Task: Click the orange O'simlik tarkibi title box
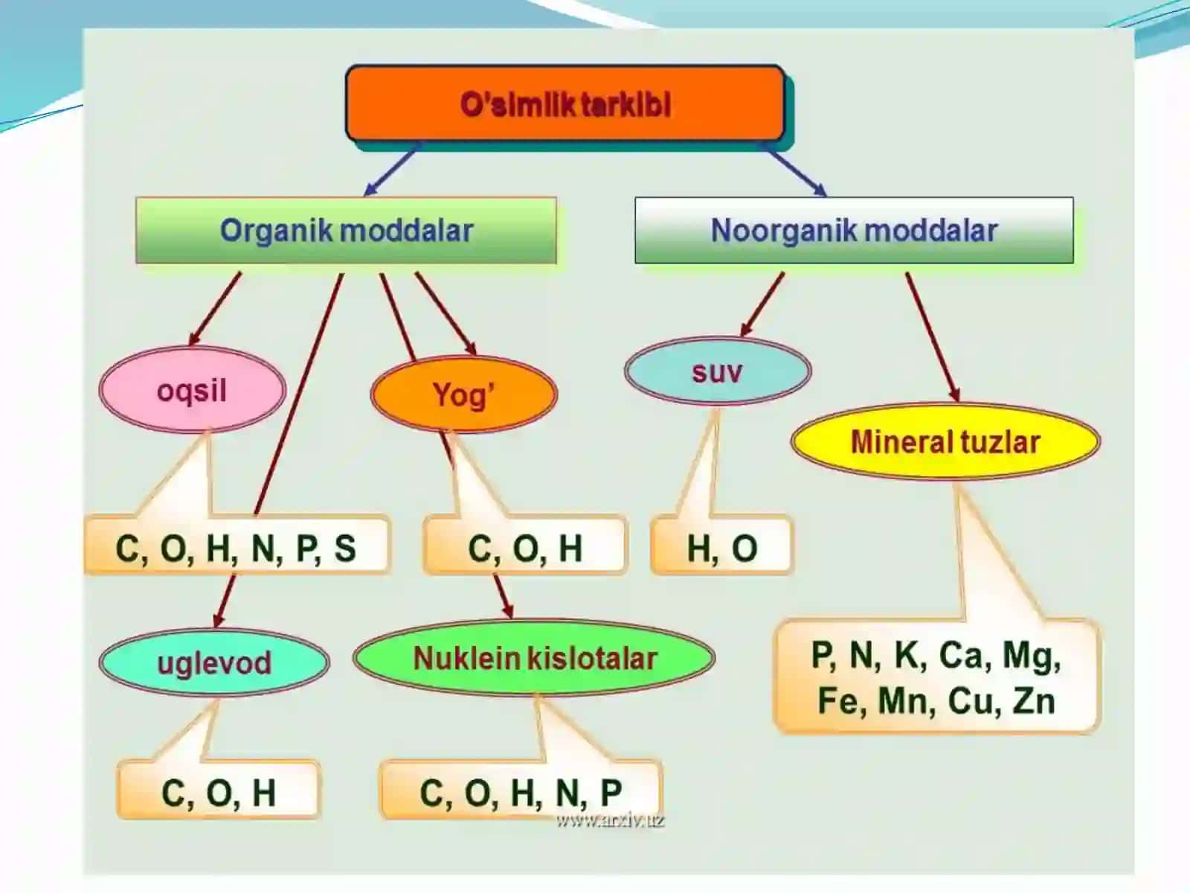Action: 565,103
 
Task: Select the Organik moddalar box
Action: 346,231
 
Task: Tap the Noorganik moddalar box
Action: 854,231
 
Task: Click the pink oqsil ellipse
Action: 192,389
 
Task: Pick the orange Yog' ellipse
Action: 463,394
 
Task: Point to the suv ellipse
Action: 718,371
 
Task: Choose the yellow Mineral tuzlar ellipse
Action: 945,441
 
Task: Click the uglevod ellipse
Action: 214,662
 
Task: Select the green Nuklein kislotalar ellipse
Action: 534,658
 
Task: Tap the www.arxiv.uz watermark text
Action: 611,820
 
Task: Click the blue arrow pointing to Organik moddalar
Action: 391,169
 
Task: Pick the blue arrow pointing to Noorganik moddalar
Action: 795,169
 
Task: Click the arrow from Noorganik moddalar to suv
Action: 762,304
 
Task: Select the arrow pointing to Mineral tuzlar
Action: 933,337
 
